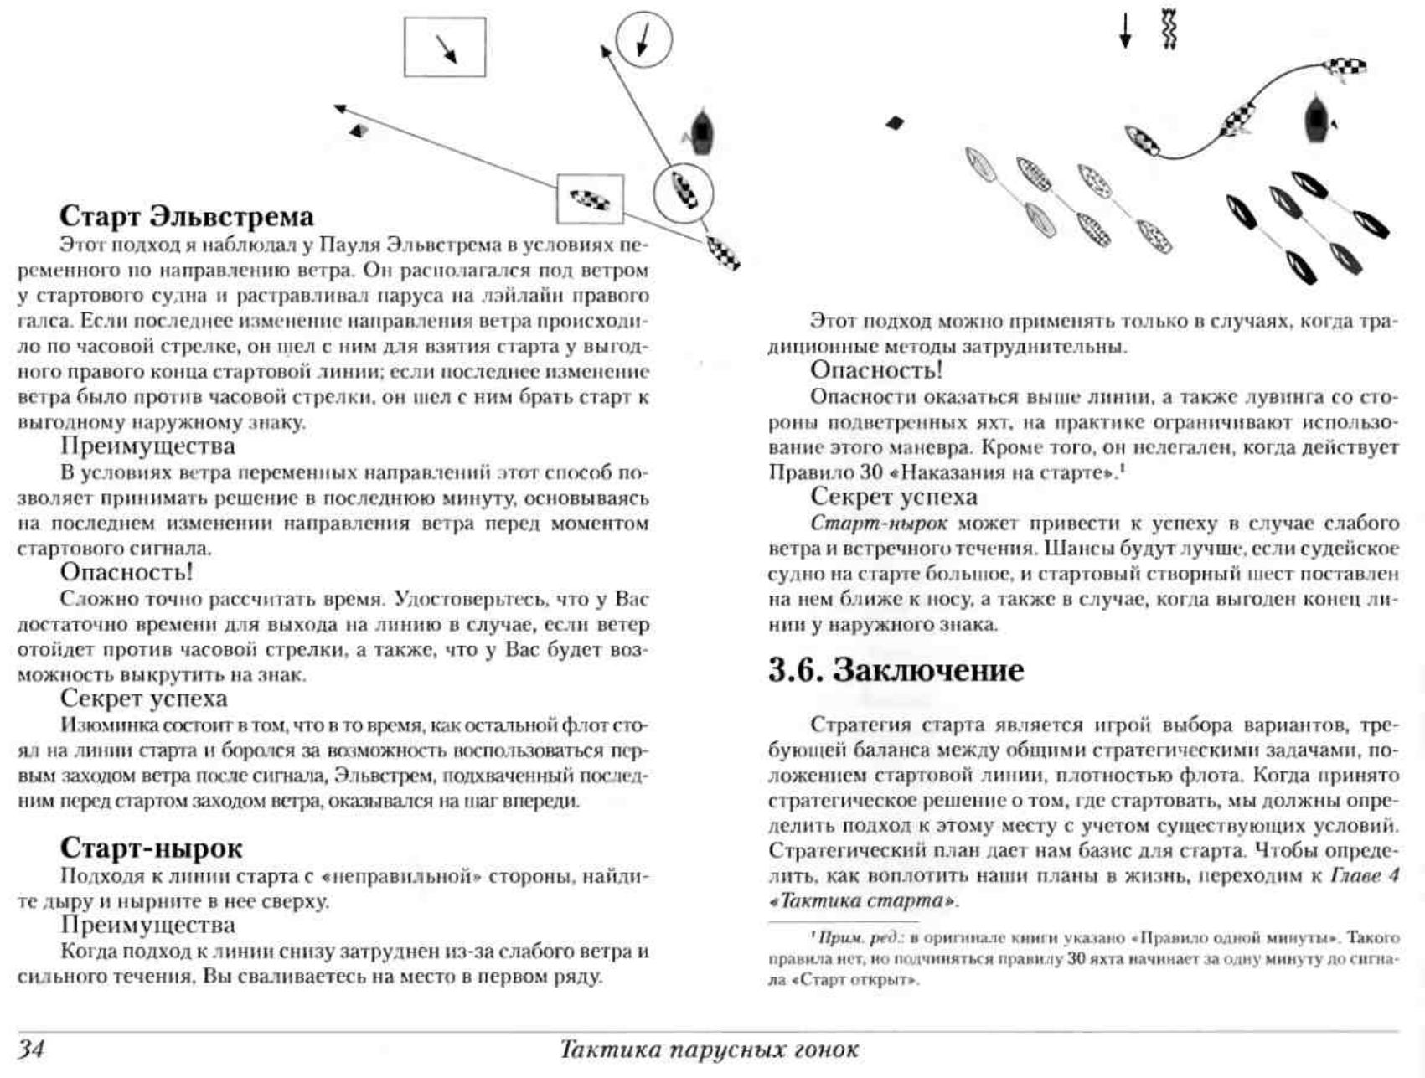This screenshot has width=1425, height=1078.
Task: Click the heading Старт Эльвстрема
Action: click(186, 216)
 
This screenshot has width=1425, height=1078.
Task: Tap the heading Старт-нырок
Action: click(151, 848)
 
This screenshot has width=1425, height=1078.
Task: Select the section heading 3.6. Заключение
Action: click(896, 670)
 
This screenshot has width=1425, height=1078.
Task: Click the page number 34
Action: click(32, 1049)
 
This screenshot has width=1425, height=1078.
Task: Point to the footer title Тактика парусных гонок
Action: click(709, 1050)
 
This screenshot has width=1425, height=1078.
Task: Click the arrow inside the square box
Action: click(446, 48)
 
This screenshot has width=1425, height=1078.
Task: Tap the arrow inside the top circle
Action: click(643, 39)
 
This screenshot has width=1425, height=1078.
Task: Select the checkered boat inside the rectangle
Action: click(591, 199)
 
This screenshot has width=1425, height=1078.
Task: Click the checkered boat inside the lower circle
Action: click(684, 191)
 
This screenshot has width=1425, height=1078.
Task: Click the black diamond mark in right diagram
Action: click(895, 123)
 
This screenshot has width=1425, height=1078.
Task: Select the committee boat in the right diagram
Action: click(1317, 118)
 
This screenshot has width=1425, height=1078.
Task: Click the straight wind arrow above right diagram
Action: click(1126, 30)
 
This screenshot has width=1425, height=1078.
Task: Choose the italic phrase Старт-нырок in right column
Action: click(879, 524)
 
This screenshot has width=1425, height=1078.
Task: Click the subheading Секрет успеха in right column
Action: click(893, 497)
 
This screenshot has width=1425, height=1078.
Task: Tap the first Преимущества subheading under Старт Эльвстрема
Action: click(147, 446)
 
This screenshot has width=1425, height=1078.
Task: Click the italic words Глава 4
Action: click(1365, 876)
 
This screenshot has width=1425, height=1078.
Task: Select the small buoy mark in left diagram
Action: click(359, 131)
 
